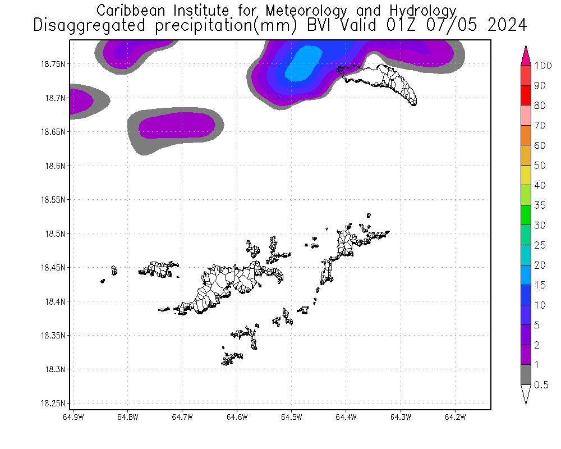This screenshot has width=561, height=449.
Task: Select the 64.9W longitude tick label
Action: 73,417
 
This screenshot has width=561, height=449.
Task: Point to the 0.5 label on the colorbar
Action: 541,384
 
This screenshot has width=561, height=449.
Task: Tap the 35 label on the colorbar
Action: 540,205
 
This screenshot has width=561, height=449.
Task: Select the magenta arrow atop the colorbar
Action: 526,56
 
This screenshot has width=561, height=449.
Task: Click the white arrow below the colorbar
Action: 526,394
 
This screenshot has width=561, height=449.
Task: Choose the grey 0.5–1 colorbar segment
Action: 526,374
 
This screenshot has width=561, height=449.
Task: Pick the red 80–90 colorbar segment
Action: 526,95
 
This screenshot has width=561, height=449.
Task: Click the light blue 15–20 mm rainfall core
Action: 304,62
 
